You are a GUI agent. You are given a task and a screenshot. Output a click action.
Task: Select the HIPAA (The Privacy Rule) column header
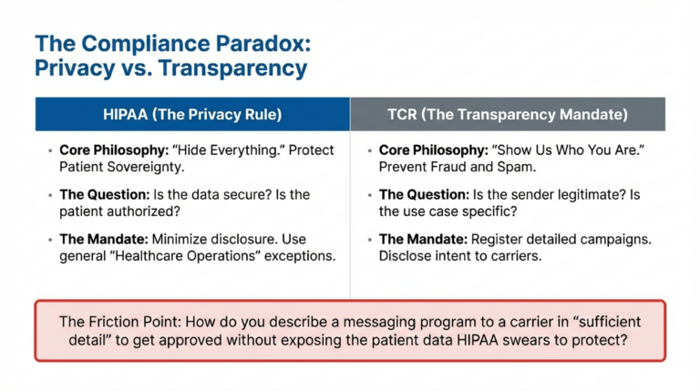click(x=191, y=114)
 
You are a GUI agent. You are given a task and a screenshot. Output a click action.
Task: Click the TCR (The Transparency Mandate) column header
click(x=507, y=114)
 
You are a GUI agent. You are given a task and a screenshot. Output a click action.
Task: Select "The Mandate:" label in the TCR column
click(x=418, y=239)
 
